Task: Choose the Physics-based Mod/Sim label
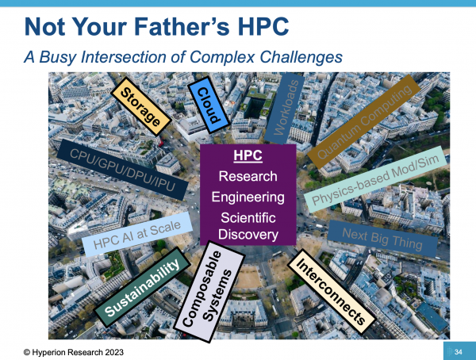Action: pyautogui.click(x=376, y=181)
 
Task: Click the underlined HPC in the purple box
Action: pyautogui.click(x=248, y=156)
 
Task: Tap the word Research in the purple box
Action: pyautogui.click(x=248, y=176)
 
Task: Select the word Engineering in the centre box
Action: pyautogui.click(x=248, y=196)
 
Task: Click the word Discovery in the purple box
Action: pyautogui.click(x=248, y=234)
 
